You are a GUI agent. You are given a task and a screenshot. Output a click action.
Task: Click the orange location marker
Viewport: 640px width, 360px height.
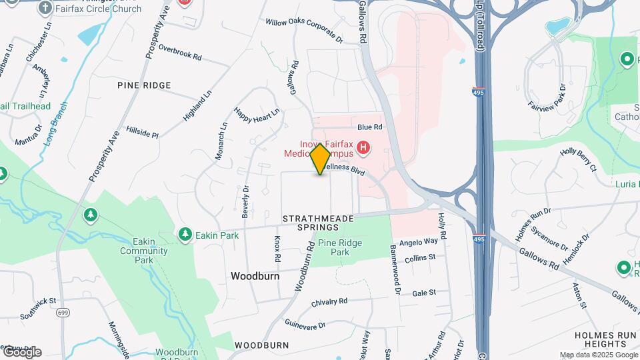320,159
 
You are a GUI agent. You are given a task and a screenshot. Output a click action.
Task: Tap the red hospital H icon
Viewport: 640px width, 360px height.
363,147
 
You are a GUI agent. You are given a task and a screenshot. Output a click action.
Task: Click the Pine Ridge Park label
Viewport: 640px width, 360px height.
339,248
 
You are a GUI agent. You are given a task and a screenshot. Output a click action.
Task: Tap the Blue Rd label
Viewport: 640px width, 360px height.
369,127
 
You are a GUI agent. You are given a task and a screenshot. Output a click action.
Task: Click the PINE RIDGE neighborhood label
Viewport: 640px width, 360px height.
144,85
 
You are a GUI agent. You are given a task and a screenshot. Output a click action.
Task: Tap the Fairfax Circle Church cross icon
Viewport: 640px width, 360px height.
45,8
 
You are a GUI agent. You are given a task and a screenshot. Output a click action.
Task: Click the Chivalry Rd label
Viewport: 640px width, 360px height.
330,302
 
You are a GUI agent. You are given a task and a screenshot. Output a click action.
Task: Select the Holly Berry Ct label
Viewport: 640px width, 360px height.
577,161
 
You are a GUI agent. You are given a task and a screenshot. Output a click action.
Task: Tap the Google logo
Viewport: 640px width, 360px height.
22,352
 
